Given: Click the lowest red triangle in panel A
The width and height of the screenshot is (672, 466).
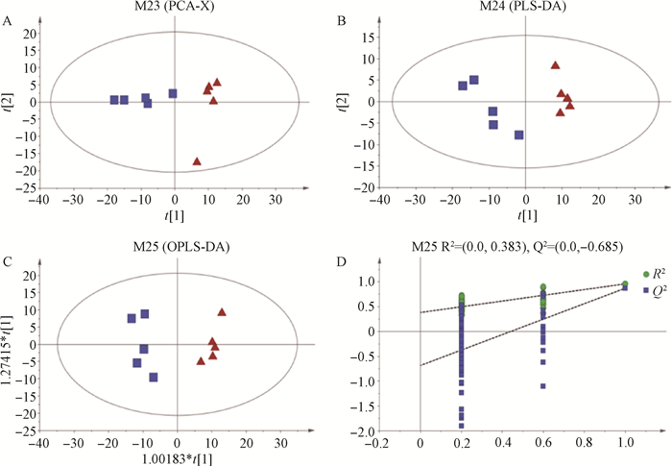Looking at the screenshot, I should pyautogui.click(x=197, y=161).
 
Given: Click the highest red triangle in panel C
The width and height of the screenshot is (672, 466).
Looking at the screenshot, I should pyautogui.click(x=222, y=312).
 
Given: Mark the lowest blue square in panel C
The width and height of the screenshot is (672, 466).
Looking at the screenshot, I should pyautogui.click(x=154, y=378).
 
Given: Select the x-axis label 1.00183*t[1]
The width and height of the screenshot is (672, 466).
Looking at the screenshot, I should pyautogui.click(x=177, y=457).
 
